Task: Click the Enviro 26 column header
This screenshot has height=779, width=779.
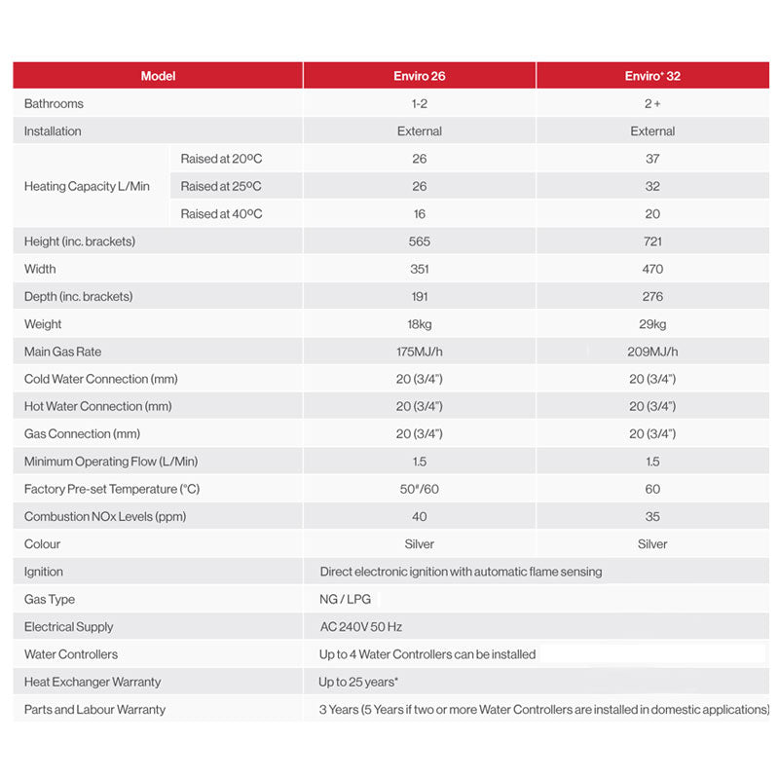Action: coord(420,76)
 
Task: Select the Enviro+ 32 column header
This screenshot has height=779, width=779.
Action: coord(652,76)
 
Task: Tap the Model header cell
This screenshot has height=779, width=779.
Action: coord(158,76)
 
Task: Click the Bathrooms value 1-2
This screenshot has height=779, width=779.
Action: coord(420,103)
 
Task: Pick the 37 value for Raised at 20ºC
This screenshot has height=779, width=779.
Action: coord(652,159)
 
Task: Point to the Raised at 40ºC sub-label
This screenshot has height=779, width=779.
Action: coord(221,213)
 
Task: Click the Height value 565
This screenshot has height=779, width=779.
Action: coord(420,241)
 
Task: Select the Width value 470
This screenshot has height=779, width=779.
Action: coord(652,269)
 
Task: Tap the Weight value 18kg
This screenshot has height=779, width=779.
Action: coord(420,324)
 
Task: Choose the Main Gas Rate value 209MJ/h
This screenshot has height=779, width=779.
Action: coord(652,352)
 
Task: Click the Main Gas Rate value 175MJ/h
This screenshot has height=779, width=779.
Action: coord(420,352)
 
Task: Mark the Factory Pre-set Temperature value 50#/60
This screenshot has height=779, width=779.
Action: coord(420,489)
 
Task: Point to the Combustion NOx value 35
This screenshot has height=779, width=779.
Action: coord(652,516)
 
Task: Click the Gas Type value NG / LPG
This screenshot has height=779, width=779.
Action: coord(346,599)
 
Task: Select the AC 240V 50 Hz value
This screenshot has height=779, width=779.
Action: coord(361,627)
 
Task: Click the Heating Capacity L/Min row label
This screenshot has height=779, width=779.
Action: coord(87,186)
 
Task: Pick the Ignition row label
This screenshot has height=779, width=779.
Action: coord(44,572)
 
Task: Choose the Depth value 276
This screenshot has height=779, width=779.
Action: coord(652,296)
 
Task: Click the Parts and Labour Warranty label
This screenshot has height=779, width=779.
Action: coord(94,710)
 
